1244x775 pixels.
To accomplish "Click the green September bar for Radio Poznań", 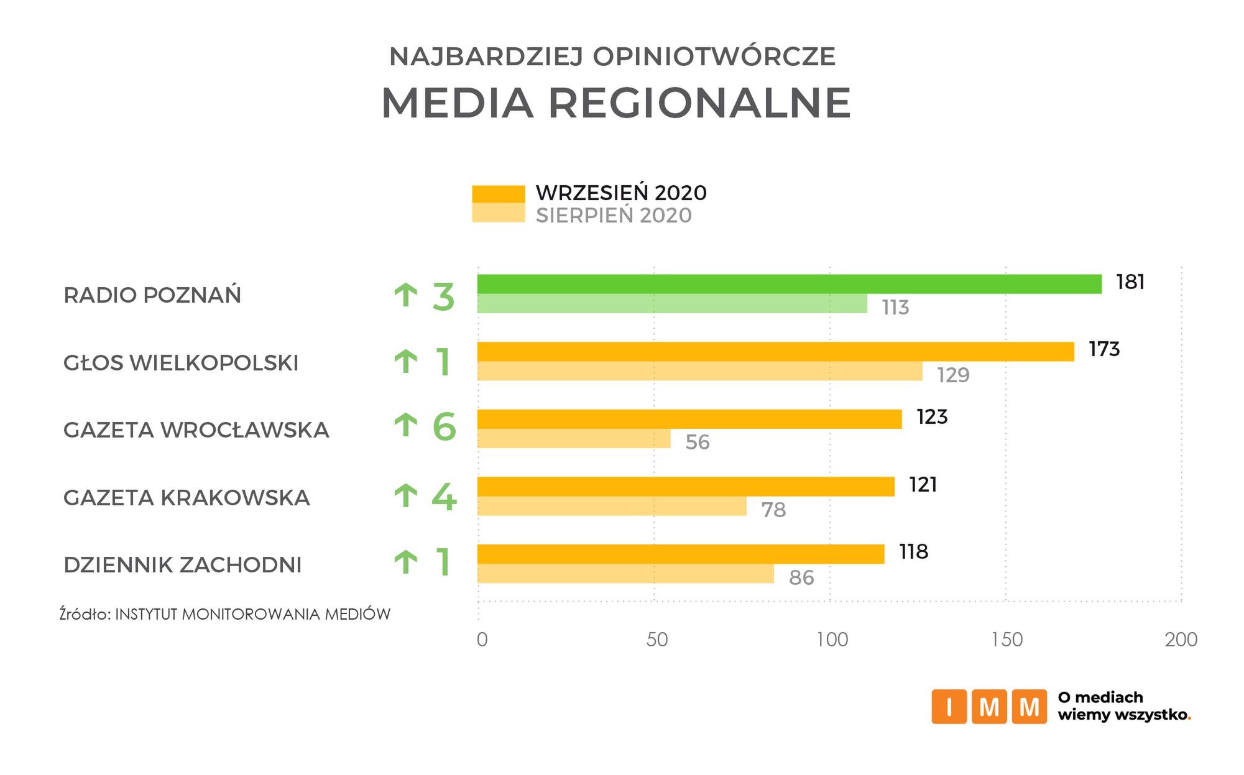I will coord(789,284).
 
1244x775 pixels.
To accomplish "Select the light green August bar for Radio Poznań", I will coord(672,304).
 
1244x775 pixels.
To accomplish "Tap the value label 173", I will coord(1104,349).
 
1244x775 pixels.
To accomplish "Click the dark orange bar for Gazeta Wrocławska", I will coord(689,419).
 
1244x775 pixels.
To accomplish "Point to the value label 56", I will coord(698,443).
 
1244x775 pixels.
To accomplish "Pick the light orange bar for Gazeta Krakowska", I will coord(612,506).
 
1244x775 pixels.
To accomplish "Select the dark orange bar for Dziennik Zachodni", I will coord(681,554).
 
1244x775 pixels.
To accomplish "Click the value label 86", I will coord(801,578).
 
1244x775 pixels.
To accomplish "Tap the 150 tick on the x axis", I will coord(1007,640).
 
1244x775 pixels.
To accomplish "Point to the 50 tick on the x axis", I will coord(657,640).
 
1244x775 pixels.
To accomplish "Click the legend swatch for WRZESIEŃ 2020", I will coord(499,193).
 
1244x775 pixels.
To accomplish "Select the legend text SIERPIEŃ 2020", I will coord(614,216).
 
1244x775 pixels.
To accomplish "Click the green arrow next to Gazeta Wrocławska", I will coord(406,426).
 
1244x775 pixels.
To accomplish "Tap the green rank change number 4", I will coord(444,497).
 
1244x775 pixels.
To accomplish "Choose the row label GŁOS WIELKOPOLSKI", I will coord(181,363).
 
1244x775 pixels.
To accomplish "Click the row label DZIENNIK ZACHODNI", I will coord(182,565).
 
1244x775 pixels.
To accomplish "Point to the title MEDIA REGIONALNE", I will coord(615,103).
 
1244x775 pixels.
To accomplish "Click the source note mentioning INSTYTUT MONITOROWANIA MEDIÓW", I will coord(225,614).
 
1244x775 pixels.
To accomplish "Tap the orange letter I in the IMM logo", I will coord(949,707).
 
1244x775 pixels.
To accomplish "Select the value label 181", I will coord(1130,282).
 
